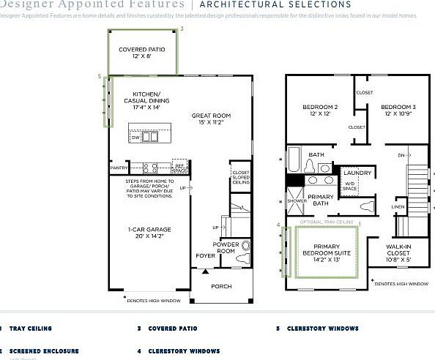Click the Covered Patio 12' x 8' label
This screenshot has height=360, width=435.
[x=142, y=53]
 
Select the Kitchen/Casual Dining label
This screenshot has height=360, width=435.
[x=152, y=101]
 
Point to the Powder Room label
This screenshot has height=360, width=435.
[x=225, y=247]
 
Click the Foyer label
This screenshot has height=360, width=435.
[x=205, y=255]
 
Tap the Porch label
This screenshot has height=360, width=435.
[x=221, y=286]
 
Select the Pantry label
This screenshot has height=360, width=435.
[x=119, y=168]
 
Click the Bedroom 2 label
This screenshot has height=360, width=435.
[x=320, y=110]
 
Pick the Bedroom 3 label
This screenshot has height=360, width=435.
[x=398, y=110]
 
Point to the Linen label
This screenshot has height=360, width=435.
[x=398, y=207]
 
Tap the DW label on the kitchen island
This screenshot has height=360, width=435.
[x=135, y=137]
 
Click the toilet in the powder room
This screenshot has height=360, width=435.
[x=245, y=247]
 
